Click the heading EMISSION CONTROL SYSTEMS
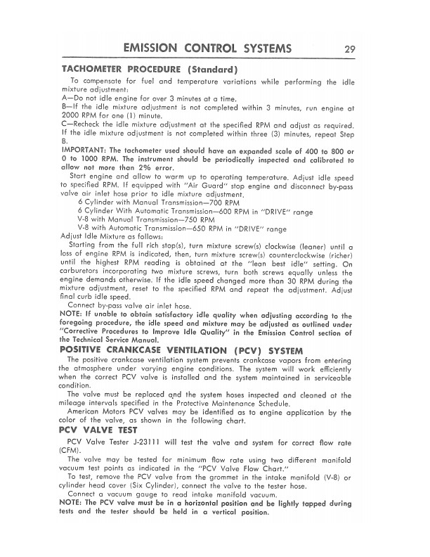pos(207,49)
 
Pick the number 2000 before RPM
pos(74,115)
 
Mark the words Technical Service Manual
pos(123,338)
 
